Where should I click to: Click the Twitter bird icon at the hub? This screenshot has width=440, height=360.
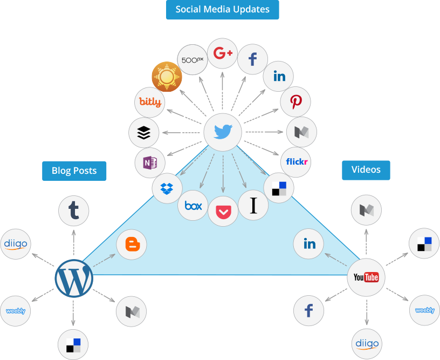click(x=223, y=131)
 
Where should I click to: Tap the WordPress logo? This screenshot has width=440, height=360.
click(x=74, y=279)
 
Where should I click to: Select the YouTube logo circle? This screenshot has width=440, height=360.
click(x=366, y=277)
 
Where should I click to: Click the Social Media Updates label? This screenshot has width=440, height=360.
click(x=222, y=10)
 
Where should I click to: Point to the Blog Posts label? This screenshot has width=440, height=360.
click(x=74, y=171)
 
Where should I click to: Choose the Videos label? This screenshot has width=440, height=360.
click(x=366, y=170)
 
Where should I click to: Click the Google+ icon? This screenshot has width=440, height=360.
click(x=223, y=53)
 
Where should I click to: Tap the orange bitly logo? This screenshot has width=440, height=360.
click(x=150, y=101)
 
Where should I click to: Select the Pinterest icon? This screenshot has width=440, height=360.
click(x=295, y=101)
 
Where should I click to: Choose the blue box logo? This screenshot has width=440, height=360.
click(x=193, y=206)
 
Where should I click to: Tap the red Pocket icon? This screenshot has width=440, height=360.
click(x=223, y=212)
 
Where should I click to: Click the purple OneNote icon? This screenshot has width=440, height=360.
click(x=150, y=162)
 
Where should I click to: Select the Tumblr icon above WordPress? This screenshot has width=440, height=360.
click(x=74, y=210)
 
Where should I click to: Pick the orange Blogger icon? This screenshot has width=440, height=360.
click(x=132, y=244)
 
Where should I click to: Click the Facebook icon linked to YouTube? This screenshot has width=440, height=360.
click(x=309, y=311)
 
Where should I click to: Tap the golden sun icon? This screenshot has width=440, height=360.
click(x=167, y=77)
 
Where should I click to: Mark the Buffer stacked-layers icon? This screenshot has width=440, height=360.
click(x=144, y=132)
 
